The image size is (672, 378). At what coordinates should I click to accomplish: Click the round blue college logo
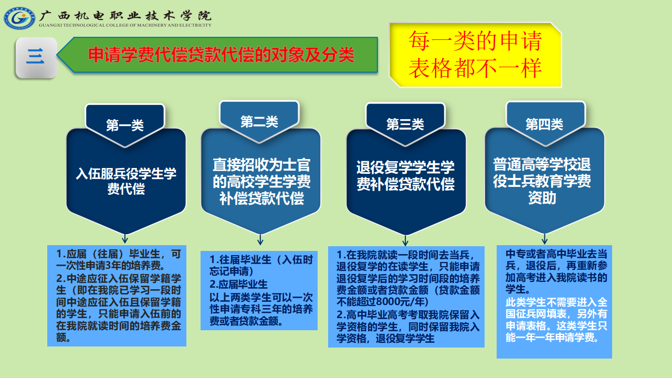[x=19, y=18]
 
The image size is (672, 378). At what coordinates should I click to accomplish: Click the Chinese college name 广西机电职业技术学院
[x=125, y=15]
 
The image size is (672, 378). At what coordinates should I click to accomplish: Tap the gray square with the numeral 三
[x=36, y=57]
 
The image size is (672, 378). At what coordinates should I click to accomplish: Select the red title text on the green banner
[x=221, y=55]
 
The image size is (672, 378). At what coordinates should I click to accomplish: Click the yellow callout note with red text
[x=475, y=55]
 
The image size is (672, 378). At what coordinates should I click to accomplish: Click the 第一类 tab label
[x=125, y=125]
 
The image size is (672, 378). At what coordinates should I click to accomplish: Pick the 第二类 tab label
[x=259, y=121]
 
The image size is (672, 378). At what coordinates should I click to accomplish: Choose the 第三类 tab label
[x=405, y=124]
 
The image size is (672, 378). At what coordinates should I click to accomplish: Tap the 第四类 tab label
[x=544, y=124]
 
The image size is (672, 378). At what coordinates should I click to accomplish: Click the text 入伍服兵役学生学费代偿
[x=126, y=181]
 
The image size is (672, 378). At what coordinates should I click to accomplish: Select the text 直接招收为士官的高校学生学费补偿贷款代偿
[x=261, y=182]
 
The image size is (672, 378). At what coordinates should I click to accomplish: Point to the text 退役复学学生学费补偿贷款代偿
[x=405, y=175]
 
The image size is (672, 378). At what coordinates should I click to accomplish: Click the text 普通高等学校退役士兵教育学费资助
[x=542, y=181]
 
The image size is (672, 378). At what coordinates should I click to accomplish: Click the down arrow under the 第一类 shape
[x=125, y=238]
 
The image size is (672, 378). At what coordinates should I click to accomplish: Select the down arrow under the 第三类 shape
[x=405, y=240]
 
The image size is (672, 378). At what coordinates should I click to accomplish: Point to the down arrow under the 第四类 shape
[x=544, y=239]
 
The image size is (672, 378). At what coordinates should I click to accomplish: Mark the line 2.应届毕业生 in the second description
[x=238, y=284]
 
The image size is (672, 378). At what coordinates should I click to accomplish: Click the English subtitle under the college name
[x=125, y=25]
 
